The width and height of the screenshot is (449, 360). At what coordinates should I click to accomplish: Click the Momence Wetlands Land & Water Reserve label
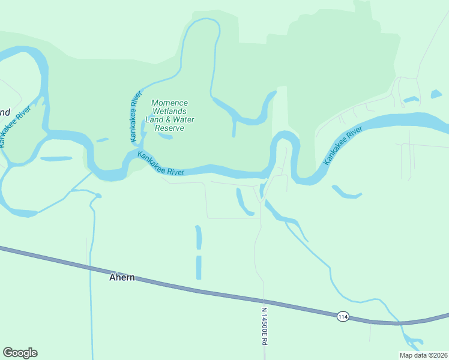click(x=170, y=115)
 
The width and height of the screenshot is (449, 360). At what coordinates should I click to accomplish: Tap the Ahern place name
click(x=122, y=278)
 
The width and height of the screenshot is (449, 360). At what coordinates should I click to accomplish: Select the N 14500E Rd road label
click(x=264, y=326)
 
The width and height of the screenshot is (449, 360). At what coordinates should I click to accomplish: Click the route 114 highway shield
click(x=343, y=316)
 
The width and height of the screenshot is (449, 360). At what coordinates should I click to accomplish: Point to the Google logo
click(x=20, y=353)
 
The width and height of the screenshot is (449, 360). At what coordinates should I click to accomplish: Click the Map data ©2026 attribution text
click(x=424, y=355)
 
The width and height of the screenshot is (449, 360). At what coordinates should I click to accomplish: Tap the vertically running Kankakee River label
click(x=136, y=116)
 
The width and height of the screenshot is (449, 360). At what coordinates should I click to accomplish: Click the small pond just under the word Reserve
click(x=165, y=136)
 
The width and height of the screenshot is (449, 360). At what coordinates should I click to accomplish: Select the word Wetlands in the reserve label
click(x=170, y=111)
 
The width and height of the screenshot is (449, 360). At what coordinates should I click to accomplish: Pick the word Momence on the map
click(x=170, y=103)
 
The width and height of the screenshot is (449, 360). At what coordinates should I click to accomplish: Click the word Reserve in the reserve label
click(x=170, y=128)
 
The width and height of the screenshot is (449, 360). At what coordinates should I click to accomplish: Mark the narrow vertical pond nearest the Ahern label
click(x=199, y=267)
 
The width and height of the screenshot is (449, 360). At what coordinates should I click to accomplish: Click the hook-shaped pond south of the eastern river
click(x=346, y=193)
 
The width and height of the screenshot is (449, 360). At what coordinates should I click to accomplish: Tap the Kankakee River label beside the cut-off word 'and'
click(x=15, y=127)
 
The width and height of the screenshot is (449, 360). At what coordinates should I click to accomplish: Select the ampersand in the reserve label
click(x=169, y=119)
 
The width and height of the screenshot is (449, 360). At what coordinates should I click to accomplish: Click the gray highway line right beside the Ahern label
click(x=150, y=283)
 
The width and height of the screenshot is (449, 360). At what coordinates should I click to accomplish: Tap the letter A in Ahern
click(x=112, y=278)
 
